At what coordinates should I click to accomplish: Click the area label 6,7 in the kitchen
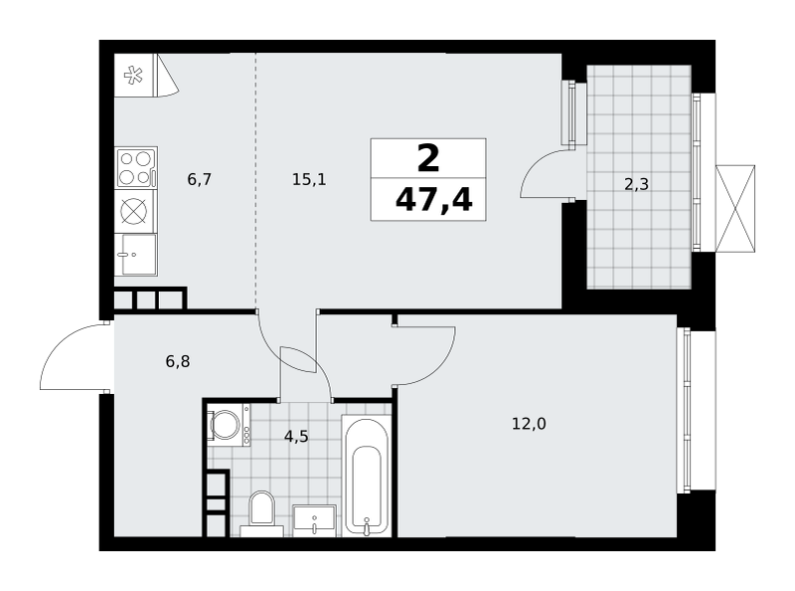[199, 179]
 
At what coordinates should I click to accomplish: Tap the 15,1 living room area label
[309, 179]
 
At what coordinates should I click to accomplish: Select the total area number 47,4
[433, 200]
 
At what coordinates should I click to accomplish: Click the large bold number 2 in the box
[428, 158]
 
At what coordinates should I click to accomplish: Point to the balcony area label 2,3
[636, 184]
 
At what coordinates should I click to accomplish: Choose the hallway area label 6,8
[178, 361]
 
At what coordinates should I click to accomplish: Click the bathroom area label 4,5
[296, 436]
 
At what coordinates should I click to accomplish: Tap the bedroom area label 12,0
[529, 424]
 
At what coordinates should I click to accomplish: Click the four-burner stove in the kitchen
[136, 168]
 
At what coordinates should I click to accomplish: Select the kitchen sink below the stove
[136, 255]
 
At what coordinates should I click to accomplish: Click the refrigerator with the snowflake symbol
[134, 76]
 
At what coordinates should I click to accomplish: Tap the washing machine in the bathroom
[229, 425]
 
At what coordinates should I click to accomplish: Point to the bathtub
[367, 476]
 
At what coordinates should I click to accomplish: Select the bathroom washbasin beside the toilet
[314, 520]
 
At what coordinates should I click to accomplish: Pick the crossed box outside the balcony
[735, 208]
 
